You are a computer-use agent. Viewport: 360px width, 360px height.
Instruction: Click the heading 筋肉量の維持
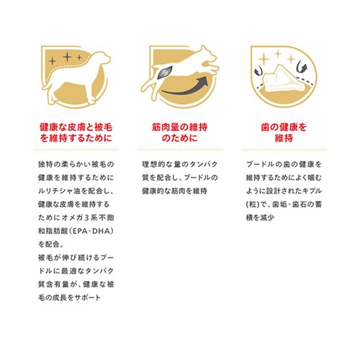pyautogui.click(x=180, y=127)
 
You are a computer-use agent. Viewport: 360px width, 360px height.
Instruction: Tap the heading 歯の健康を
pyautogui.click(x=284, y=127)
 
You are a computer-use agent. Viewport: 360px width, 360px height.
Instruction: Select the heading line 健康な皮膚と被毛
pyautogui.click(x=76, y=127)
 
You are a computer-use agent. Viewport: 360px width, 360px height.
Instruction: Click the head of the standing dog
pyautogui.click(x=102, y=58)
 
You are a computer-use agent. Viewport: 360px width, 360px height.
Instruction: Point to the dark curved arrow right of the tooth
pyautogui.click(x=302, y=66)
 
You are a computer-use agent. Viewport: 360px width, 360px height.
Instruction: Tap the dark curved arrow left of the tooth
pyautogui.click(x=258, y=71)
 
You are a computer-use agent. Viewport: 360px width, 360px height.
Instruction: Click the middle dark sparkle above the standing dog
pyautogui.click(x=68, y=57)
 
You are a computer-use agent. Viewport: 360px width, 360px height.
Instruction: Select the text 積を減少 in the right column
pyautogui.click(x=260, y=217)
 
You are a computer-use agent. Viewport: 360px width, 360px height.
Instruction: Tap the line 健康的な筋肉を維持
pyautogui.click(x=174, y=191)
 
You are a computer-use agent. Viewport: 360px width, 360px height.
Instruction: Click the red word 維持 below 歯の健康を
pyautogui.click(x=284, y=138)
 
